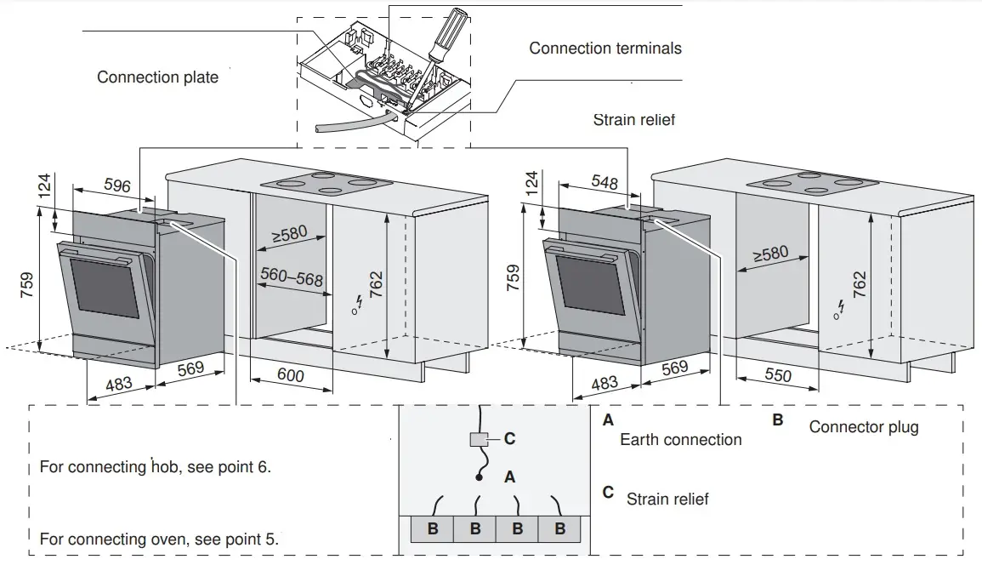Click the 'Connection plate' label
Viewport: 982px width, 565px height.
[157, 77]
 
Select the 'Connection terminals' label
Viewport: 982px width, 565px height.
[605, 49]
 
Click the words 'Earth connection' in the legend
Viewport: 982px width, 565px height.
[680, 440]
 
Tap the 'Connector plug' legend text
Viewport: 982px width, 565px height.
[863, 426]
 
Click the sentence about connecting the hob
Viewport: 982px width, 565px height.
[156, 468]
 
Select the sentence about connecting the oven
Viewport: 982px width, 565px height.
[159, 539]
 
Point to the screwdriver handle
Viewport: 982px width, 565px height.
[447, 34]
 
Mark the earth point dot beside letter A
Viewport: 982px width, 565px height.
[480, 479]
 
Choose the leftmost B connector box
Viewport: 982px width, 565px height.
[432, 529]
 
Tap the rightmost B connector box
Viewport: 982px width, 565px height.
[559, 529]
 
